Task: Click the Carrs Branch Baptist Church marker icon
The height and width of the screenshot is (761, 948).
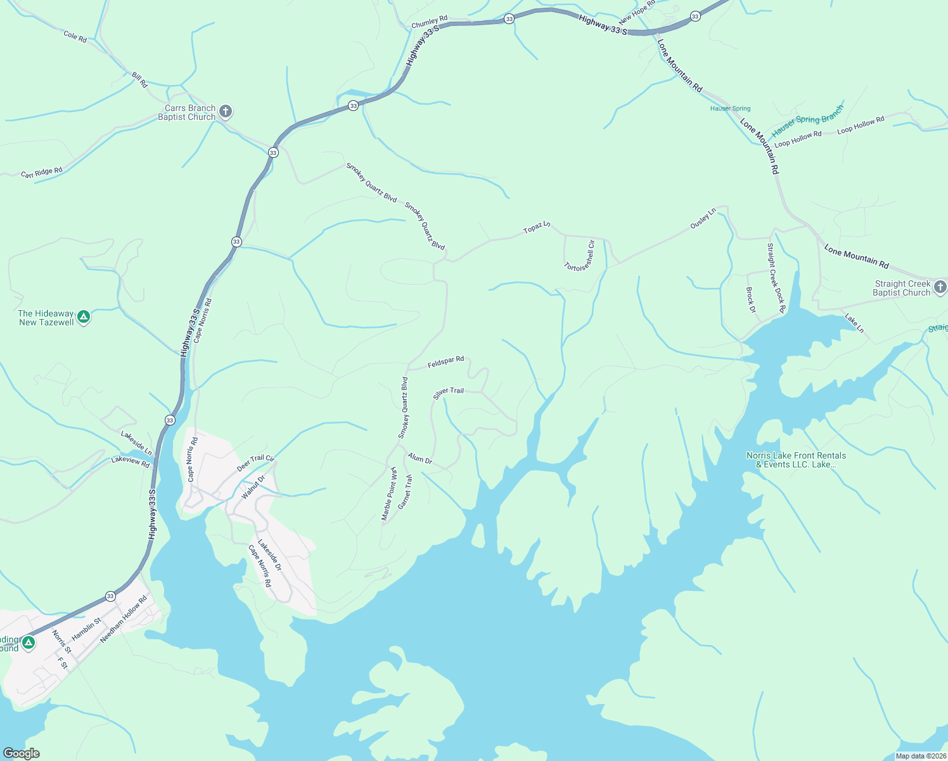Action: click(x=226, y=112)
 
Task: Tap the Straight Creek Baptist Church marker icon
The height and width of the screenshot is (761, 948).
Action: click(x=941, y=287)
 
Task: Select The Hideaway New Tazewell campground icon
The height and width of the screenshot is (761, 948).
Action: click(x=83, y=317)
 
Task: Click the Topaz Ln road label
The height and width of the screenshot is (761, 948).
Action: click(x=537, y=228)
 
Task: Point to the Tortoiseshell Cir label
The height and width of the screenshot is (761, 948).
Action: click(x=580, y=256)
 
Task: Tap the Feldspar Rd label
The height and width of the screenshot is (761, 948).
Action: click(x=445, y=362)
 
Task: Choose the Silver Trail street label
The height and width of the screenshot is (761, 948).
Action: click(x=448, y=393)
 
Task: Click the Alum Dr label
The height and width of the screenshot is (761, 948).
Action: click(x=420, y=459)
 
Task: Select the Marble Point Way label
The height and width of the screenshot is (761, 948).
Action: click(x=388, y=494)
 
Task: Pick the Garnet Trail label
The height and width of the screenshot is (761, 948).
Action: click(x=405, y=492)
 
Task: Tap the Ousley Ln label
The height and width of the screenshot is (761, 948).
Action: click(x=703, y=218)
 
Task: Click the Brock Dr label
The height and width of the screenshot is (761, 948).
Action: click(x=751, y=300)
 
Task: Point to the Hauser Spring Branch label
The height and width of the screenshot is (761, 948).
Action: click(x=807, y=121)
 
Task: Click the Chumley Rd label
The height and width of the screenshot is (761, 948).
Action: click(x=430, y=22)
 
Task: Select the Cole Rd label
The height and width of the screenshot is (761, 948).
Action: click(x=75, y=37)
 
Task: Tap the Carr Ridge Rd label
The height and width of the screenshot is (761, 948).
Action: click(x=42, y=172)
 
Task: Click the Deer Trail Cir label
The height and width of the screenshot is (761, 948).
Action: click(x=255, y=463)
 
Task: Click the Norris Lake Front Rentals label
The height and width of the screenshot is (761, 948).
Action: click(x=796, y=460)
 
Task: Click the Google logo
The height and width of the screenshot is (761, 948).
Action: click(x=21, y=753)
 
